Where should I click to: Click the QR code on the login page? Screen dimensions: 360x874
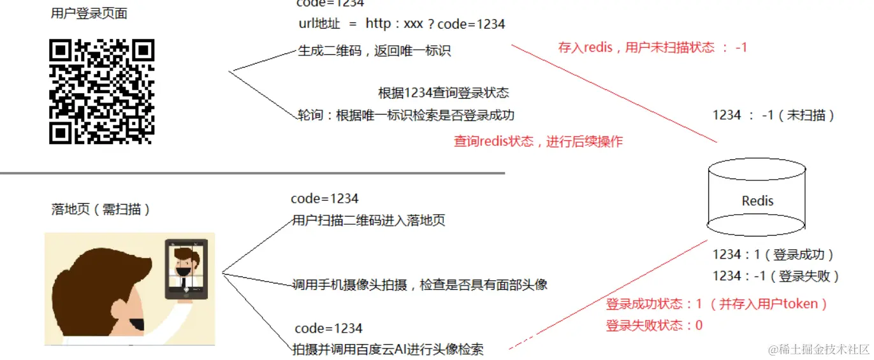click(x=101, y=91)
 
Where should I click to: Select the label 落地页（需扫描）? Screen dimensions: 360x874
click(x=101, y=209)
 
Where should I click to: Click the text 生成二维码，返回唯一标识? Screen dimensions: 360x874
click(x=374, y=51)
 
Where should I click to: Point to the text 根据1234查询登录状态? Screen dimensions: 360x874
click(x=444, y=93)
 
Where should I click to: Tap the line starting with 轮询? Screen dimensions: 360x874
click(x=405, y=115)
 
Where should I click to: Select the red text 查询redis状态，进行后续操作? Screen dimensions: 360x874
click(x=538, y=141)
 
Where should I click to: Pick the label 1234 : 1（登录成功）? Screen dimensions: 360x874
click(x=773, y=255)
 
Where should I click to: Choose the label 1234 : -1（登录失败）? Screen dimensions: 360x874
click(x=776, y=276)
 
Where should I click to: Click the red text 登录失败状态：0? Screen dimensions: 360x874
click(x=654, y=326)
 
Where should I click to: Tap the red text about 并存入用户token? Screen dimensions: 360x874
click(x=717, y=304)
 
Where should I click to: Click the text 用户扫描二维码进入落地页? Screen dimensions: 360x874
click(x=368, y=221)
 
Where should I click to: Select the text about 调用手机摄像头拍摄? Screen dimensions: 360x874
click(x=419, y=285)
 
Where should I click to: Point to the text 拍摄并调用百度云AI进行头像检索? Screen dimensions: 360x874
click(x=388, y=349)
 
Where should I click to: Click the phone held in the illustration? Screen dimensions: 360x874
click(x=186, y=269)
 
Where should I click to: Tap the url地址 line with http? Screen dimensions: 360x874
click(x=402, y=24)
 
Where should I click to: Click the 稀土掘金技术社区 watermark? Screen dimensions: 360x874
click(x=819, y=349)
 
